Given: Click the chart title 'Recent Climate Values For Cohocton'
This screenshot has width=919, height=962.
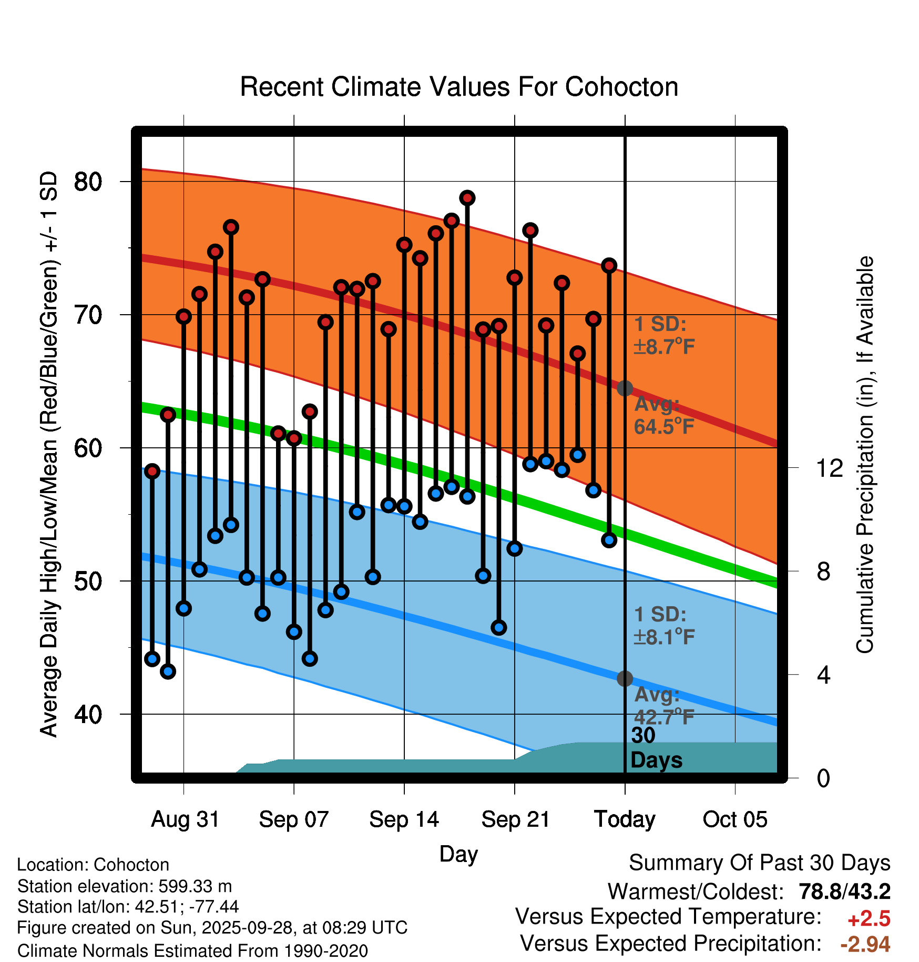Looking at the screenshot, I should pyautogui.click(x=459, y=87).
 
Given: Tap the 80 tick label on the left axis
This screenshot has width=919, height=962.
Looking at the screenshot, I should pyautogui.click(x=88, y=182).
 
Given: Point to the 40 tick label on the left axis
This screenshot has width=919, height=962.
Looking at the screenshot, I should pyautogui.click(x=88, y=714).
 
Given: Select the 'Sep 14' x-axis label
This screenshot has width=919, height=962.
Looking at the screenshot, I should pyautogui.click(x=404, y=819).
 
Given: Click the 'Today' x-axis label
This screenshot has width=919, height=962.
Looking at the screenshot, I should pyautogui.click(x=625, y=819).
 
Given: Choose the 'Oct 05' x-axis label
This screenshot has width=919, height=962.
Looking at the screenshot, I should pyautogui.click(x=735, y=819).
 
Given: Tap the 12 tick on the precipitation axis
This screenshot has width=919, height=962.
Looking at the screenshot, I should pyautogui.click(x=829, y=468).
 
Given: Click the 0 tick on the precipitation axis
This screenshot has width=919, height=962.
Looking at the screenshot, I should pyautogui.click(x=823, y=778).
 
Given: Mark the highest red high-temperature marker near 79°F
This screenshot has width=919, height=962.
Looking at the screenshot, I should pyautogui.click(x=467, y=198).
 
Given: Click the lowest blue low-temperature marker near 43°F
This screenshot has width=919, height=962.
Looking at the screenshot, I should pyautogui.click(x=168, y=671).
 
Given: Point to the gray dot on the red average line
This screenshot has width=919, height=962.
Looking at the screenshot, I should pyautogui.click(x=625, y=388).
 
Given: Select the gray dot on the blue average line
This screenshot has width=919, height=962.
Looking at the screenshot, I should pyautogui.click(x=625, y=678).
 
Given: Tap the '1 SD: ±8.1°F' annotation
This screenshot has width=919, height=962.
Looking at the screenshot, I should pyautogui.click(x=663, y=626).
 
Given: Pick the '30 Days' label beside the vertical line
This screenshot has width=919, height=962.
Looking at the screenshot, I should pyautogui.click(x=656, y=748).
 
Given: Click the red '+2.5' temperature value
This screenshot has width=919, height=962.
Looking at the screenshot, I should pyautogui.click(x=869, y=919).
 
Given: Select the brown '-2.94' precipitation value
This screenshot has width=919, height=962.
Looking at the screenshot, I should pyautogui.click(x=865, y=944).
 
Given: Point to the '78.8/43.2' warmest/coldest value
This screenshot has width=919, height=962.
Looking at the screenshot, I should pyautogui.click(x=844, y=891).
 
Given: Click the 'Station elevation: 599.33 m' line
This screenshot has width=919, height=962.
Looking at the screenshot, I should pyautogui.click(x=125, y=886).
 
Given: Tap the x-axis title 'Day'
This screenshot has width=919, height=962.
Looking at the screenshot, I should pyautogui.click(x=458, y=854).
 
